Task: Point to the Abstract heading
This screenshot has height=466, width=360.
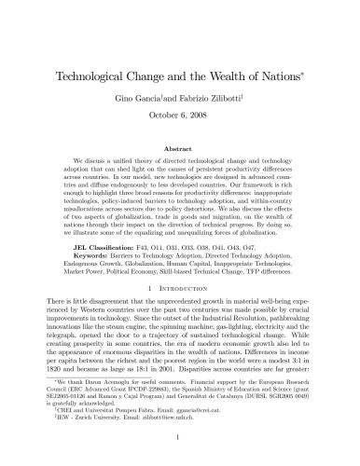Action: pyautogui.click(x=180, y=148)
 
